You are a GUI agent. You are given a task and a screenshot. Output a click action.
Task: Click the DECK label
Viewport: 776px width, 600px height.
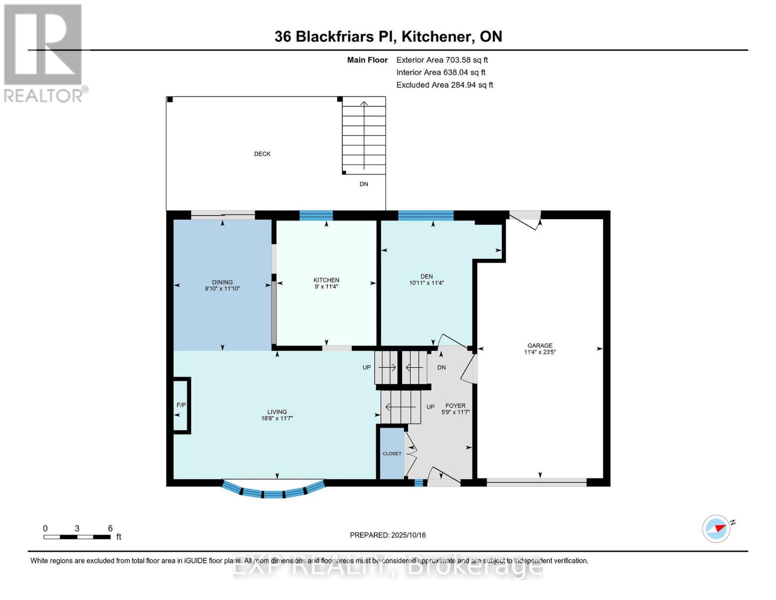pos(262,154)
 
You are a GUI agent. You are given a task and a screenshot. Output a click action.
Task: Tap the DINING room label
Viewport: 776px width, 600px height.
pos(222,282)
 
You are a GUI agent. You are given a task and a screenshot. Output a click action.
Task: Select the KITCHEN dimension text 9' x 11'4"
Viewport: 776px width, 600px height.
pos(326,287)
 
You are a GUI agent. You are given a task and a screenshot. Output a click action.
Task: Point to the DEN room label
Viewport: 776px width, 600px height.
pos(426,276)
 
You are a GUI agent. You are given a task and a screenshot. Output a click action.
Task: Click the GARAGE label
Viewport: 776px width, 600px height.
pos(540,345)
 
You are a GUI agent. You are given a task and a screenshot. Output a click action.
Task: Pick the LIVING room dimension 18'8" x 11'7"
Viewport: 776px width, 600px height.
pos(277,418)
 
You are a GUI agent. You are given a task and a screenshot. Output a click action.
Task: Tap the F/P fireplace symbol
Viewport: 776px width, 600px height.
pos(181,405)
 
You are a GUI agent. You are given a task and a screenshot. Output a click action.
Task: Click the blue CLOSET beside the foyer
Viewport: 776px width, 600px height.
pos(392,453)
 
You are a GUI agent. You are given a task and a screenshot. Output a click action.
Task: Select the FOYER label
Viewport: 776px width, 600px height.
pos(455,406)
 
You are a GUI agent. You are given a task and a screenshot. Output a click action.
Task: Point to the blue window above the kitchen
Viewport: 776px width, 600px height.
pos(316,215)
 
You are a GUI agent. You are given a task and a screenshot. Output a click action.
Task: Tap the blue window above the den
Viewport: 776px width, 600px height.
pos(425,215)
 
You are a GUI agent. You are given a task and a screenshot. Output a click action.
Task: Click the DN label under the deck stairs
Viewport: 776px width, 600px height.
pos(364,184)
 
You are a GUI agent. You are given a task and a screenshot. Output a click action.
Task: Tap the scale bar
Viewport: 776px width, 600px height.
pos(77,537)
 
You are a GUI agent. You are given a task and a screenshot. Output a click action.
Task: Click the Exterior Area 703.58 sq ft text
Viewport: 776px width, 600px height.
pos(442,60)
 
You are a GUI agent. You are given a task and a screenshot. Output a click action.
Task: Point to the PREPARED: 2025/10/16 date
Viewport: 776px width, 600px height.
pos(388,535)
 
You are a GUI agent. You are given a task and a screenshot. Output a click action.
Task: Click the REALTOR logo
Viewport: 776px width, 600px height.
pos(44,52)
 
